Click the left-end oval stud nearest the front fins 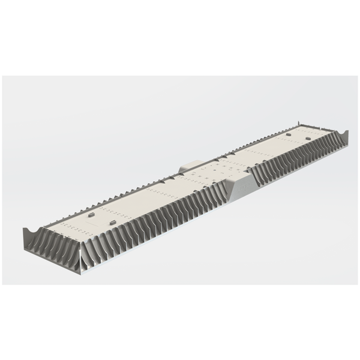pyautogui.click(x=112, y=223)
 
